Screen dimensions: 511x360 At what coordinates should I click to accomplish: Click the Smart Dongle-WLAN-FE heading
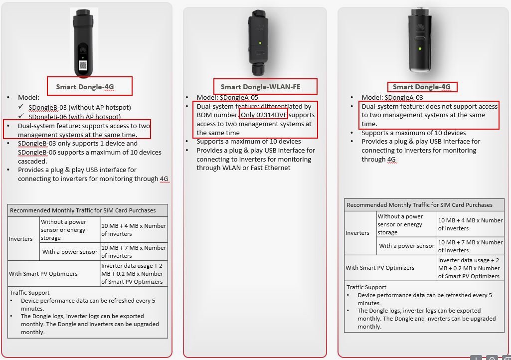point(260,87)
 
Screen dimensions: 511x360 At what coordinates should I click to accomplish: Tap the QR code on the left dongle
point(83,65)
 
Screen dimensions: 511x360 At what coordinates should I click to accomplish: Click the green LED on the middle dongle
point(260,43)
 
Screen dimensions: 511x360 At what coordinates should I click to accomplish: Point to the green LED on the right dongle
point(420,48)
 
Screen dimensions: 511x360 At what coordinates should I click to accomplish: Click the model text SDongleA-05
point(239,98)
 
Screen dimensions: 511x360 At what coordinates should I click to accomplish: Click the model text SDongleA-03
point(404,98)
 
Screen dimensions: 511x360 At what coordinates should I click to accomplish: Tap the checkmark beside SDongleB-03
point(21,106)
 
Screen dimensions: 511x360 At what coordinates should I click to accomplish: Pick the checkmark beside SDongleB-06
point(21,116)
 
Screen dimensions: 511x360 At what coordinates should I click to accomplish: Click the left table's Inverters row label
point(20,239)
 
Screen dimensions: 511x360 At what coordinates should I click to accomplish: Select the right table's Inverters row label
point(357,233)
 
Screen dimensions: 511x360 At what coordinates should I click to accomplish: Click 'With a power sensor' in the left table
point(70,252)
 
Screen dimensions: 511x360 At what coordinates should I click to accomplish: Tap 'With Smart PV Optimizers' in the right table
point(380,268)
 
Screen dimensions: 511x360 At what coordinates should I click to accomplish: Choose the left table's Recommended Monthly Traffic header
point(83,210)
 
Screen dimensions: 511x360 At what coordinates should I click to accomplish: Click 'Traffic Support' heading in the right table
point(366,287)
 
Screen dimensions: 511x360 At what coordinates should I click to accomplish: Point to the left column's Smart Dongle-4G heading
point(85,87)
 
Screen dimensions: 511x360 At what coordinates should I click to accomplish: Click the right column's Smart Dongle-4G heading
point(422,87)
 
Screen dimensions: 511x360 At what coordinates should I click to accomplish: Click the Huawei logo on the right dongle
point(420,27)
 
